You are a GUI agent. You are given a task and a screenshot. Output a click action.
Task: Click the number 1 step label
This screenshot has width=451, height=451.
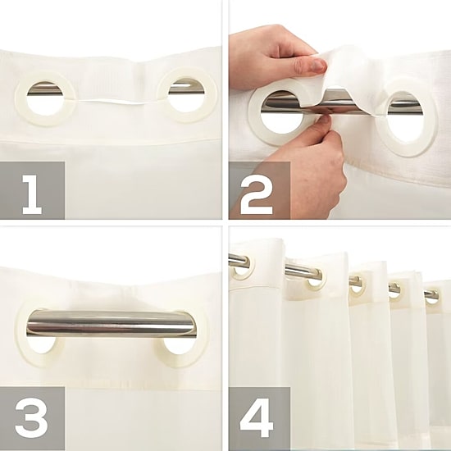coord(32,194)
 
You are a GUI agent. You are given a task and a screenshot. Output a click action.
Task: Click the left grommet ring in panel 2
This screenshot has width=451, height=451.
coord(254,121)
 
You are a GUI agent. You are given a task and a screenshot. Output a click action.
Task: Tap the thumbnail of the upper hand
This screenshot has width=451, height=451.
coord(318,66)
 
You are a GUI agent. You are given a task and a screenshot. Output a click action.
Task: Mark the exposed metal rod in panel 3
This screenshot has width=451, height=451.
coord(112,323)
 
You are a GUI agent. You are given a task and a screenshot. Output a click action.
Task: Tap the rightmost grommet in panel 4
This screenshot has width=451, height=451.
coord(431,296)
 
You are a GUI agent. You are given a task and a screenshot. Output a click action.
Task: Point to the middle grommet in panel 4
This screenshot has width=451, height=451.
coord(357,285)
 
